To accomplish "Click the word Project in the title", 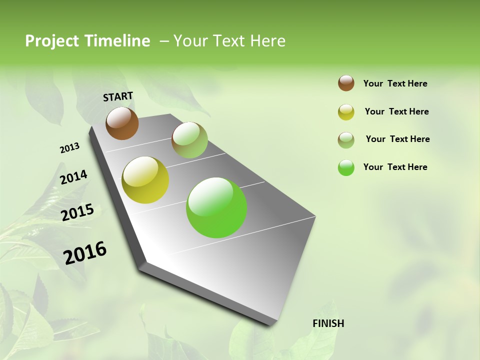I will [52, 41].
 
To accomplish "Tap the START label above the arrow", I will [118, 96].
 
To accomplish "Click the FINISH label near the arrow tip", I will [328, 323].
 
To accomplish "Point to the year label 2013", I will [69, 148].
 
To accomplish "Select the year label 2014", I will [73, 177].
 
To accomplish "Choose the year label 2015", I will [77, 212].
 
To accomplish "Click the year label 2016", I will [85, 252].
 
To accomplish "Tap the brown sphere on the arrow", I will [122, 123].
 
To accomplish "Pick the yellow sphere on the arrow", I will [145, 180].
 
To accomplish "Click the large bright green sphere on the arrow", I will [216, 207].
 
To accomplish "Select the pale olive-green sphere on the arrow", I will [189, 140].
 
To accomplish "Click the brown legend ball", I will [346, 83].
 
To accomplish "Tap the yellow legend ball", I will [346, 112].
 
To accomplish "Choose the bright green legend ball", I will [346, 167].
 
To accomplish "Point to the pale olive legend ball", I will [346, 139].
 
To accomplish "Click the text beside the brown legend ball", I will [395, 83].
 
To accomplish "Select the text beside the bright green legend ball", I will [395, 167].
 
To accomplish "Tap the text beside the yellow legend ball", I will [396, 111].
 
